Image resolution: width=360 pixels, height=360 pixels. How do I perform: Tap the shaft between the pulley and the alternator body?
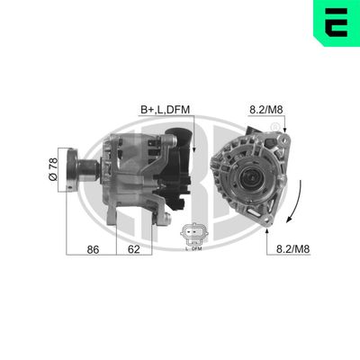coord(97,167)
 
